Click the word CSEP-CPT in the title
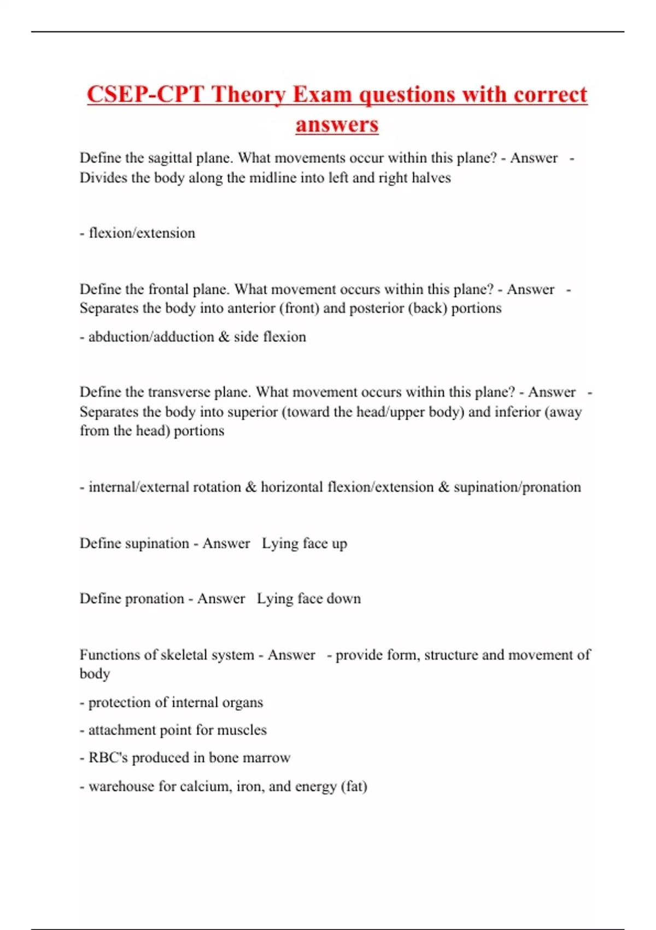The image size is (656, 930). [x=145, y=94]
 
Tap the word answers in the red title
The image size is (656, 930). [x=337, y=124]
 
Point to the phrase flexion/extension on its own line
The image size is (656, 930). [x=142, y=233]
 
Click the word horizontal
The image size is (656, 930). [x=291, y=487]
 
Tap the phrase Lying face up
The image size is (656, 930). [x=304, y=543]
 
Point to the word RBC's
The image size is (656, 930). [x=108, y=758]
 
